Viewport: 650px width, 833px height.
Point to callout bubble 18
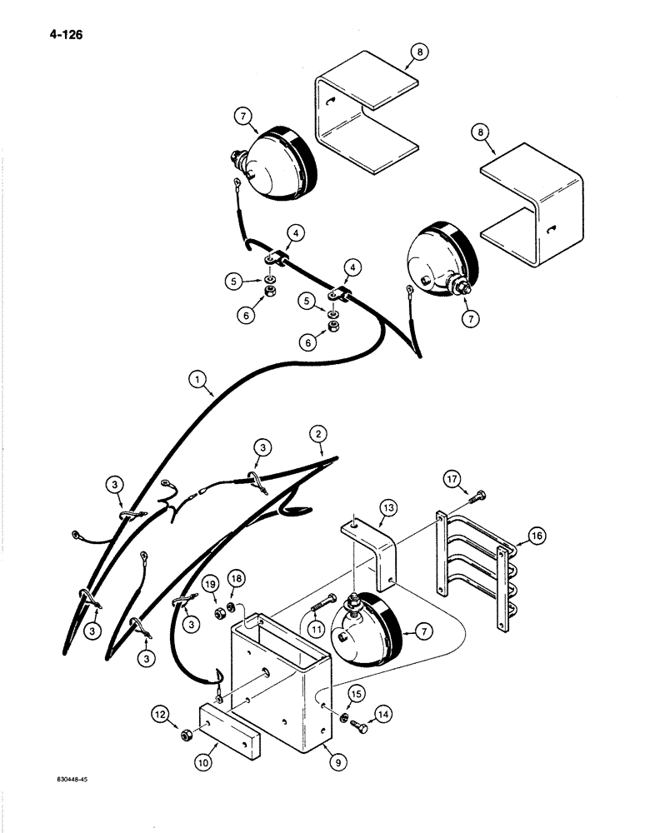[x=237, y=580]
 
